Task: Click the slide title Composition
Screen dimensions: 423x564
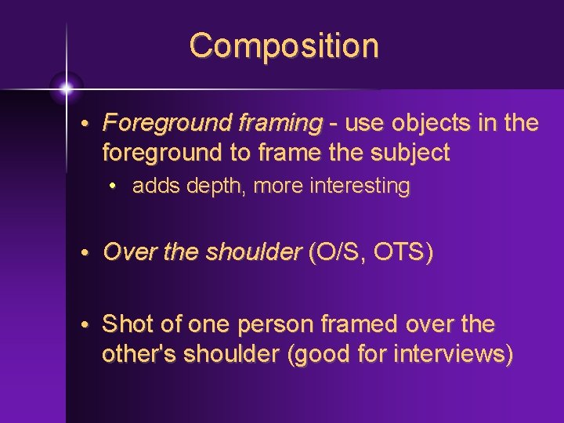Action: pyautogui.click(x=284, y=45)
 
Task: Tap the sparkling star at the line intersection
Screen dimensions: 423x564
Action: pyautogui.click(x=66, y=89)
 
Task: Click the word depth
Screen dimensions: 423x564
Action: pyautogui.click(x=208, y=186)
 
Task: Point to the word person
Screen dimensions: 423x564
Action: pyautogui.click(x=262, y=324)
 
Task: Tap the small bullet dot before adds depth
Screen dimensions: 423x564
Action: pyautogui.click(x=114, y=187)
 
